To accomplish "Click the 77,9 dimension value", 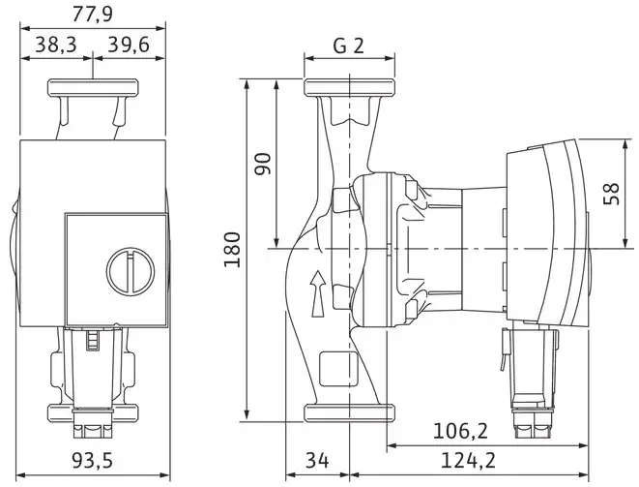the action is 93,15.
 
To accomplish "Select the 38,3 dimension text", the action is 56,45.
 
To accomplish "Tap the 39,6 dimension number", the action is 129,45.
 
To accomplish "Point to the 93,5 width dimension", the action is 93,461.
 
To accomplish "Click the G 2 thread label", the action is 348,46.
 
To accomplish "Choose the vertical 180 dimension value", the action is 232,250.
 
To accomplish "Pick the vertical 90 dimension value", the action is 262,164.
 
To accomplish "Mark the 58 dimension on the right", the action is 611,194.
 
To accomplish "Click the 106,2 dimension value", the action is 460,431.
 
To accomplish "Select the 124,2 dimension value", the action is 468,461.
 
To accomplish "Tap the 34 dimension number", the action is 317,461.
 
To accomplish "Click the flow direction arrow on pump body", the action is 318,293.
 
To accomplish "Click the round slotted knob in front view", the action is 131,271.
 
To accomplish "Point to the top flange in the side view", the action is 349,88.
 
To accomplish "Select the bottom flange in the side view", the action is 349,412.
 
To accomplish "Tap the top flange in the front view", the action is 93,88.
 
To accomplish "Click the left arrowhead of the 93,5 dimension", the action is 20,475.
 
